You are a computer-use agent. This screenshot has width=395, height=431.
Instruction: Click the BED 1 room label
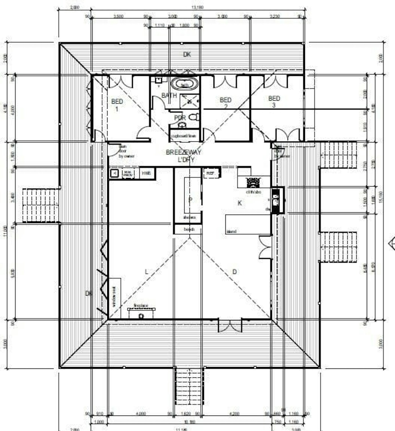coord(117,105)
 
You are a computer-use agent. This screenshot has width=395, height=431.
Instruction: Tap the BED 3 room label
coord(274,101)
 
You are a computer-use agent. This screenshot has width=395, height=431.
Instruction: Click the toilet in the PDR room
coord(194,116)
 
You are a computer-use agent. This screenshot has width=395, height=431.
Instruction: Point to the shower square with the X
coord(190,102)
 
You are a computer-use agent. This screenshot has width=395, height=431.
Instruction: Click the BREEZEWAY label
coord(183,152)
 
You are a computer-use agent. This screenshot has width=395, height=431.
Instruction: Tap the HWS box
coord(146,173)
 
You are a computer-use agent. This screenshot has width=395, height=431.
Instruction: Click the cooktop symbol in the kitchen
coord(253,183)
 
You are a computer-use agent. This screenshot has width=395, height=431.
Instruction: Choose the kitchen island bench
coord(248,225)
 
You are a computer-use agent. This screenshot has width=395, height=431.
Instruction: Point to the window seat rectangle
coord(115,298)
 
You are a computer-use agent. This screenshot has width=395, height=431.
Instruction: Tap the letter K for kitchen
coord(240,203)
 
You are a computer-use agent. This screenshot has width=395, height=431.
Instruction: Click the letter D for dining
coord(234,272)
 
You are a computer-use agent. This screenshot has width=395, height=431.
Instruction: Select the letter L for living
coord(146,272)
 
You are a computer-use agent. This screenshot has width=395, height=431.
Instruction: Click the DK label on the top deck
coord(187,54)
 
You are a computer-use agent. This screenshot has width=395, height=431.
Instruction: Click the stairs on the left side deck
coord(40,205)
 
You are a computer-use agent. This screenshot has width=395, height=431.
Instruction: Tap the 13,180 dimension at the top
coord(197,7)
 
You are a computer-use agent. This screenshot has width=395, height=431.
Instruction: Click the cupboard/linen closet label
coord(184,136)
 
